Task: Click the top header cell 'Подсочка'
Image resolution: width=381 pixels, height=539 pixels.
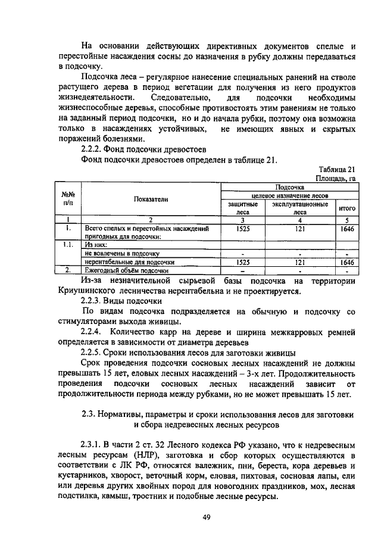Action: coord(290,186)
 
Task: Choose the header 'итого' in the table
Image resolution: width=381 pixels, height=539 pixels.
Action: coord(347,208)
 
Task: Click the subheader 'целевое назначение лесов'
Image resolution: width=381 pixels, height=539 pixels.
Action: coord(290,195)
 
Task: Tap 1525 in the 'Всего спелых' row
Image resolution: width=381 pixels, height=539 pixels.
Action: coord(243,228)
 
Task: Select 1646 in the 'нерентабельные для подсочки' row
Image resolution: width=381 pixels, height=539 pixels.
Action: coord(347,261)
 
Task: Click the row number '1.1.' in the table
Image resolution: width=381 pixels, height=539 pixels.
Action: coord(68,244)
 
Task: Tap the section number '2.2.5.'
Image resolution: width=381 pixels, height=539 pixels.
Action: coord(93,352)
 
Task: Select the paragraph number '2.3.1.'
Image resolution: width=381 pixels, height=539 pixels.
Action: coord(93,444)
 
